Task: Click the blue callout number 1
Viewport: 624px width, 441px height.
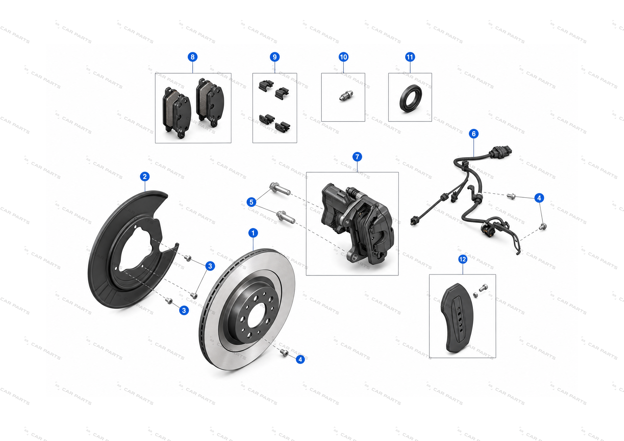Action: [x=253, y=233]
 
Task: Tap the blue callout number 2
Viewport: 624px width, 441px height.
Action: [x=145, y=177]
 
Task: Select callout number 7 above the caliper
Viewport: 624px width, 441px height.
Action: [x=357, y=157]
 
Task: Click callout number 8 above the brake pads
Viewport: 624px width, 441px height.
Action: [x=193, y=57]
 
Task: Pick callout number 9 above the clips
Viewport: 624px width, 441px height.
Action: [x=275, y=57]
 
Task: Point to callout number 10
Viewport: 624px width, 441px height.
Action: [x=343, y=57]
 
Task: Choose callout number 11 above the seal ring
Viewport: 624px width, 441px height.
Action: [x=410, y=57]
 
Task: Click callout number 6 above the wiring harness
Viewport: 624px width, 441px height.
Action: [x=474, y=133]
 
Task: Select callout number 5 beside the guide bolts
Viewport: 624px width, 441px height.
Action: [x=251, y=202]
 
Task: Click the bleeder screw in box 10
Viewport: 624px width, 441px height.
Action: [x=346, y=96]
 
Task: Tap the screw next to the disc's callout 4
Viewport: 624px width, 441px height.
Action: [x=284, y=353]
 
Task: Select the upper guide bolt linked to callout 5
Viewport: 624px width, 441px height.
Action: [x=280, y=189]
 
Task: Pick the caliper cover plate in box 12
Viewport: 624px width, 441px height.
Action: [x=457, y=318]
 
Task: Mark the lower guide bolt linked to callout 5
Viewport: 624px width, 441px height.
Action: [x=286, y=217]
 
